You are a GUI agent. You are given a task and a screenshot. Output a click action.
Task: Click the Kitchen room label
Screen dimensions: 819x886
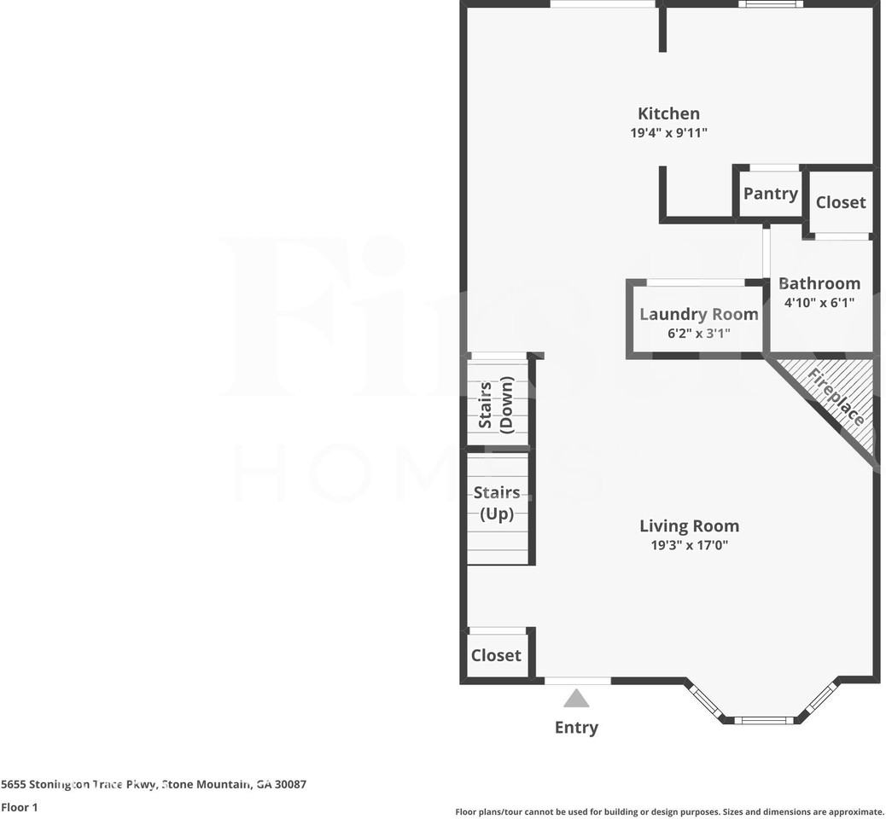[668, 113]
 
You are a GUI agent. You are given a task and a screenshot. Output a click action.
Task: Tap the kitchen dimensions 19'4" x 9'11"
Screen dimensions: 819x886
[668, 133]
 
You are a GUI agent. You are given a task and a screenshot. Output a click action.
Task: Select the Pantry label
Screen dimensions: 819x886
[770, 194]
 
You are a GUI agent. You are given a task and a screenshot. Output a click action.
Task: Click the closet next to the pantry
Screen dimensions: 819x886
[841, 202]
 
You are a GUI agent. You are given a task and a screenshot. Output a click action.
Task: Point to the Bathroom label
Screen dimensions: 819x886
[819, 283]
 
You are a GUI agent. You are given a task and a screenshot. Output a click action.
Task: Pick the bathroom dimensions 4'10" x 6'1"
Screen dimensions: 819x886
[819, 302]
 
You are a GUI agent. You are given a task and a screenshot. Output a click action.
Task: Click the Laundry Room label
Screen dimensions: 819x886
[698, 314]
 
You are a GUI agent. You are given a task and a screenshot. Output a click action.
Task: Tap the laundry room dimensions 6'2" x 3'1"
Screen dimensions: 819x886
[698, 334]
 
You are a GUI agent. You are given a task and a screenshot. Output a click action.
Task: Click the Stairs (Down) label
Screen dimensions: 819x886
[496, 404]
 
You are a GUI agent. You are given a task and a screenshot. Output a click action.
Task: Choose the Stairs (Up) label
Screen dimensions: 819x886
[497, 503]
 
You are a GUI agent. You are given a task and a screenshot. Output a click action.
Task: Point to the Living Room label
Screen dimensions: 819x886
[689, 526]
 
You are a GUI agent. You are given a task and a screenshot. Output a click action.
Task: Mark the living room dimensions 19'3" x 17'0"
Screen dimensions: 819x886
[689, 545]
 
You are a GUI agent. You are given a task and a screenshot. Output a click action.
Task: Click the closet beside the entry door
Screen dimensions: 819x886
[496, 655]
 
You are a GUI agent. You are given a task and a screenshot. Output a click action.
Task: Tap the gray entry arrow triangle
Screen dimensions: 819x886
[576, 700]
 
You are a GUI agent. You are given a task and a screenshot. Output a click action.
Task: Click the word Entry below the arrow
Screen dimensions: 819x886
[576, 728]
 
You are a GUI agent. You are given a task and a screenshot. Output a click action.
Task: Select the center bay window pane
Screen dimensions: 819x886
[764, 720]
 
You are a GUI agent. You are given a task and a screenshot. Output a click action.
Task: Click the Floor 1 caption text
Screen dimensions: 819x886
[20, 807]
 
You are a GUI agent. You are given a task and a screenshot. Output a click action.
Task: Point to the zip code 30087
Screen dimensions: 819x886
[289, 784]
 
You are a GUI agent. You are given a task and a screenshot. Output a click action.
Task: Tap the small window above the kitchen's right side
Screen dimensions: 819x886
[771, 4]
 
